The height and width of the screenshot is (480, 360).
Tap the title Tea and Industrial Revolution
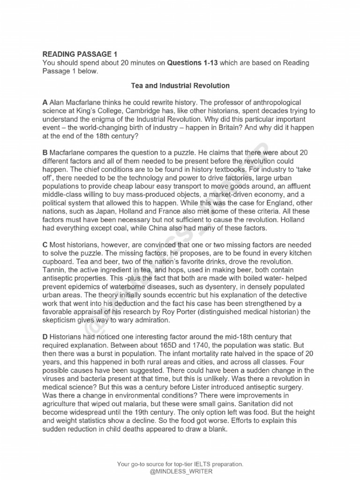180,86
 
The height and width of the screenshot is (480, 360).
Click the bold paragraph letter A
45,102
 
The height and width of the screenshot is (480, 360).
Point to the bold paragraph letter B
45,153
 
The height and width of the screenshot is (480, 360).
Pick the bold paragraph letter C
45,245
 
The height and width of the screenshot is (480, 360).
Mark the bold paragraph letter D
45,337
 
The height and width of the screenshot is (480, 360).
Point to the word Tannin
54,270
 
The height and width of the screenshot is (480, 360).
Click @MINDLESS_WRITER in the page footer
180,471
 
